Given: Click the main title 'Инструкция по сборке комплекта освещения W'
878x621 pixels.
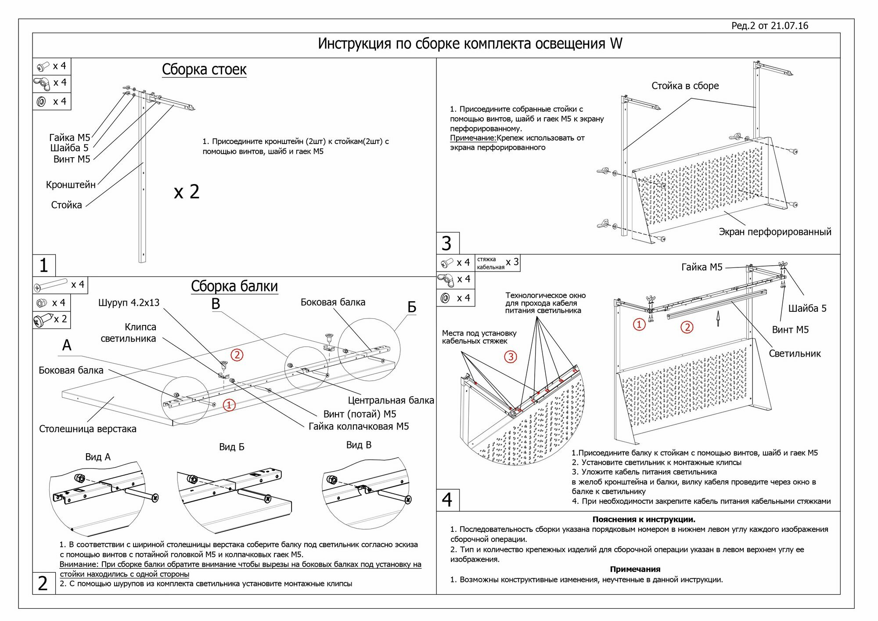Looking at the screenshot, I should point(470,44).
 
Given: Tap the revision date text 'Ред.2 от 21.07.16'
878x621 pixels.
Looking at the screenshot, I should point(769,25).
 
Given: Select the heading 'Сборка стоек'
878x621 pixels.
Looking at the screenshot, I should point(204,69).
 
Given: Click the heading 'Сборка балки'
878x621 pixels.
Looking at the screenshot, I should point(234,286).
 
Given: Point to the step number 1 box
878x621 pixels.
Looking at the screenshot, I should point(43,265).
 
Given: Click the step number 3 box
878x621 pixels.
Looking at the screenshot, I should point(446,243).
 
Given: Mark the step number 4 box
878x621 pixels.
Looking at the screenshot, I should point(447,500).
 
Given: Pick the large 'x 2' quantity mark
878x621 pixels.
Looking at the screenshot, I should point(187,192).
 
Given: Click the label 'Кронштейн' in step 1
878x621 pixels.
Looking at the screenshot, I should point(71,185).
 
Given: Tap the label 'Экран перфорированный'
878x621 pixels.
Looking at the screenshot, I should point(775,232).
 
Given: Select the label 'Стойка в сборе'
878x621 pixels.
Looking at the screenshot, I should point(685,86).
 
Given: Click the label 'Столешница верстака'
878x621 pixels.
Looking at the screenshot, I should point(87,429).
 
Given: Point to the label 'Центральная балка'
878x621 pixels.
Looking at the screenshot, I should point(391,401).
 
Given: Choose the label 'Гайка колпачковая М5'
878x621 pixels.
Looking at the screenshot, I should point(359,426).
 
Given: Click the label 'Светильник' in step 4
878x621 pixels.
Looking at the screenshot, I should point(794,354).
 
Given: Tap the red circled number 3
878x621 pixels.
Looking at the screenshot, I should point(511,357).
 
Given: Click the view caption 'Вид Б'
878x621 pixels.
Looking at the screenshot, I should point(231,447).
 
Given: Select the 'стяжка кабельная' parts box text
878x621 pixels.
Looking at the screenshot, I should point(490,263).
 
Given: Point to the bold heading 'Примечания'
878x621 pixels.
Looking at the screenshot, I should point(635,569).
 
